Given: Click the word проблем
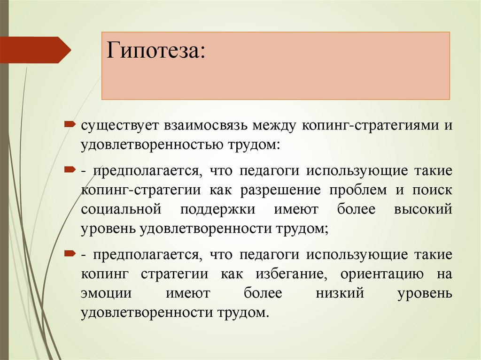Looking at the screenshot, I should (x=353, y=190).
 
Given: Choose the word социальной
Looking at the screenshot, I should (x=121, y=209).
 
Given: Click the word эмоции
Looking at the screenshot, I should (x=99, y=293).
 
